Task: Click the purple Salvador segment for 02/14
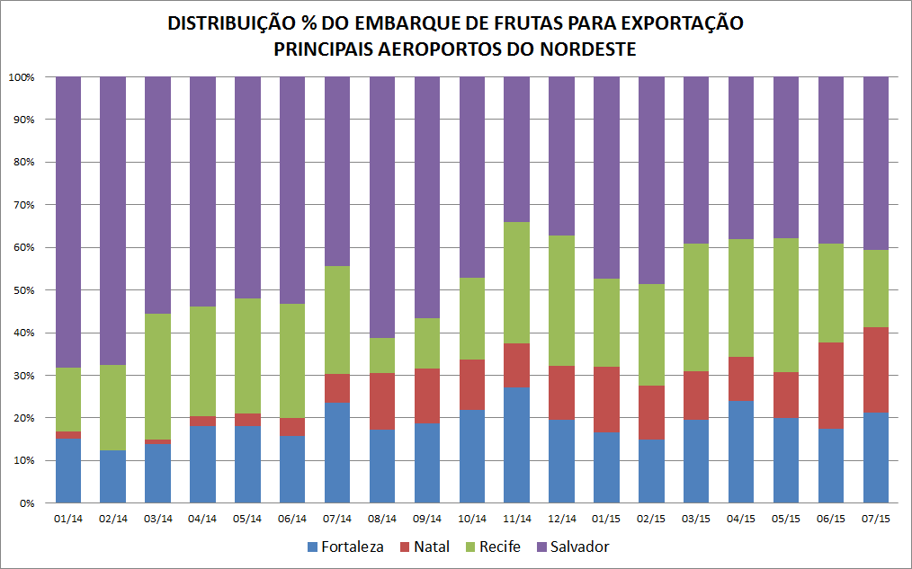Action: coord(112,220)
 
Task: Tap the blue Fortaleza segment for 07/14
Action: coord(337,452)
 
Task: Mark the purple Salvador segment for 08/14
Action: coord(382,207)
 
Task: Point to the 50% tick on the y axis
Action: coord(22,290)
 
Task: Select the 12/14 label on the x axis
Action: coord(561,519)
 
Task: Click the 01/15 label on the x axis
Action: coord(606,519)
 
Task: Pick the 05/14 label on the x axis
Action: coord(247,519)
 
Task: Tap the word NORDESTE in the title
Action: coord(586,49)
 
